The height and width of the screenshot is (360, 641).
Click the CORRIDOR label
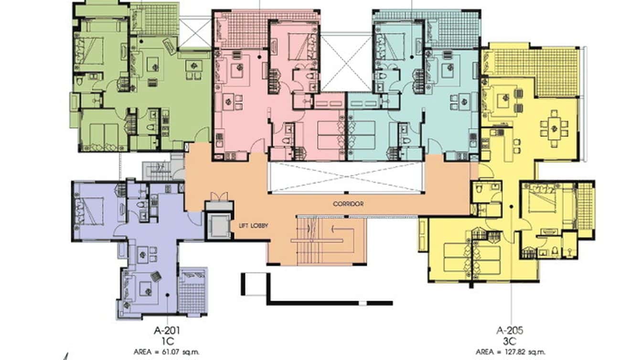348,204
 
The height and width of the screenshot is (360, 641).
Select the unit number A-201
167,330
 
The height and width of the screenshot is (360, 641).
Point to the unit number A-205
511,330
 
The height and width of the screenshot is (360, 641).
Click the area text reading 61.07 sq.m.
167,352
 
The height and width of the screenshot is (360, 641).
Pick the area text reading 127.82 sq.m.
511,352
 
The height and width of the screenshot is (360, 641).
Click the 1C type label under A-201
167,340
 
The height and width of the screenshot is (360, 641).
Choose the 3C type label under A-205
511,340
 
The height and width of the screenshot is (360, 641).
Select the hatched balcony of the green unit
154,19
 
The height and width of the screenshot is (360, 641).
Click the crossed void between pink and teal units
345,62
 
